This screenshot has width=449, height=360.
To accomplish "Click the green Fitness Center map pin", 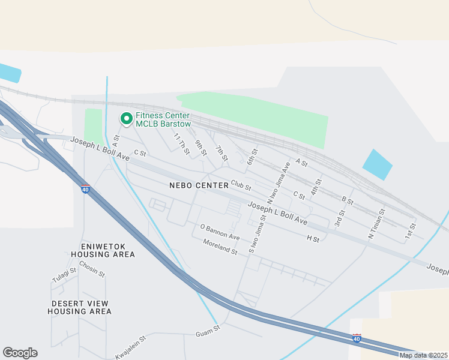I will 126,119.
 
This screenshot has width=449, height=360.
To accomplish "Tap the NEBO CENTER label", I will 199,185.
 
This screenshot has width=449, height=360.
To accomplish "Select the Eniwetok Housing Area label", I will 107,250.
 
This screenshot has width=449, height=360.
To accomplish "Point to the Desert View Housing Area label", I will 81,307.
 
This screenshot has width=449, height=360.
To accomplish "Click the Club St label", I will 240,187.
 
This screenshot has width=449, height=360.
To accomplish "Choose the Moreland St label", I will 220,247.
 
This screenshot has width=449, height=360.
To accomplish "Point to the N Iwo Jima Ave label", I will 283,175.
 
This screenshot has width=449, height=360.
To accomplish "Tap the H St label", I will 313,239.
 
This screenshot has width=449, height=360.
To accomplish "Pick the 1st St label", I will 411,229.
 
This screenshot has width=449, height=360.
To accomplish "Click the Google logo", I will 20,353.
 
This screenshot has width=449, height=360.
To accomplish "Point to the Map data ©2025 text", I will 423,355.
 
